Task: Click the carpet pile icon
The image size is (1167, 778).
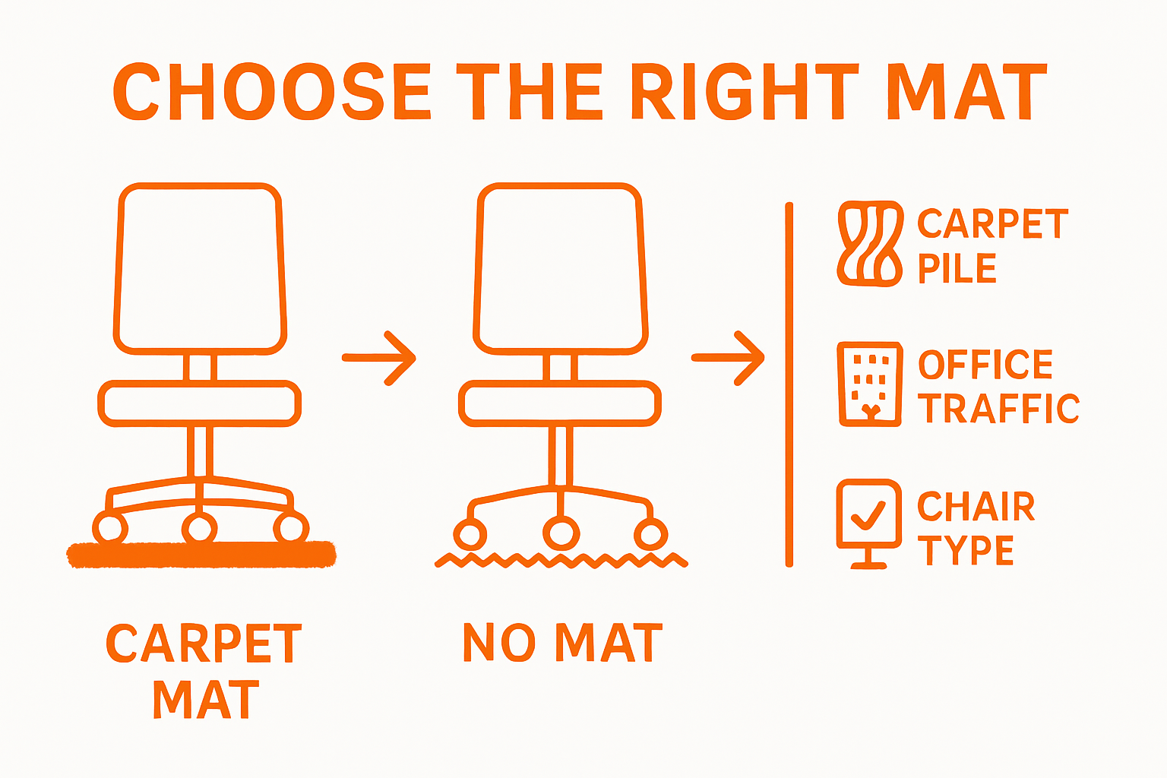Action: point(870,243)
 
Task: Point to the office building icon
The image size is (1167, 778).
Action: point(870,384)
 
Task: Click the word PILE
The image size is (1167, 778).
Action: point(957,269)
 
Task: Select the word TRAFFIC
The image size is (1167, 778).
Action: point(998,409)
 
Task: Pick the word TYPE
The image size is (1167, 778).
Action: point(966,550)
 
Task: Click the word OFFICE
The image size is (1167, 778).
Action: point(985,365)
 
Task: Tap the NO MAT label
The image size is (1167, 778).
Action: point(562,643)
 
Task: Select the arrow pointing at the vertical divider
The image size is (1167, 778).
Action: point(728,358)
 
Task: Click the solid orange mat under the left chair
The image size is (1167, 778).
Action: point(201,555)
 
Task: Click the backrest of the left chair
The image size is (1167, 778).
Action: point(201,267)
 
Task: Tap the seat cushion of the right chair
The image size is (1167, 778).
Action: point(560,403)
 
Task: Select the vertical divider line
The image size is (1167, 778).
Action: point(789,384)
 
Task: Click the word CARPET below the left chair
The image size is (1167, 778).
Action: point(204,644)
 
